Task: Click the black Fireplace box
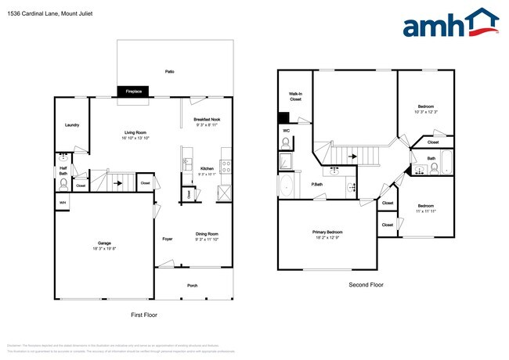point(134,92)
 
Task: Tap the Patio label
point(169,71)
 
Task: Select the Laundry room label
point(71,124)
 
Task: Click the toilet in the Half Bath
point(63,185)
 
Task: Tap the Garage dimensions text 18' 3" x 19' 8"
point(104,249)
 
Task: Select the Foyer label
point(167,239)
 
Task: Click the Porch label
point(192,286)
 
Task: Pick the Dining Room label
point(206,234)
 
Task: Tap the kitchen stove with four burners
point(226,166)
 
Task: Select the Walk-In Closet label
point(294,97)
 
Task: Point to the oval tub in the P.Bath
point(287,187)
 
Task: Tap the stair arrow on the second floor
point(353,156)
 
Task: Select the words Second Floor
point(366,285)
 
